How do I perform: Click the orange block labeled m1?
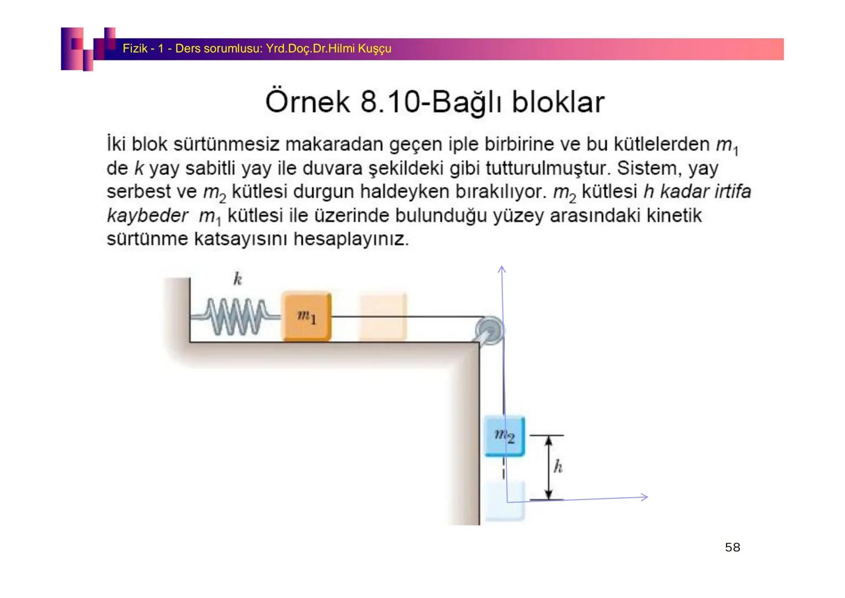[x=307, y=317]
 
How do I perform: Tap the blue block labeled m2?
[x=504, y=436]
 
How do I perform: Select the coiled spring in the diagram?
[x=235, y=317]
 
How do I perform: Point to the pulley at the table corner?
[x=490, y=331]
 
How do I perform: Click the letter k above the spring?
[x=237, y=279]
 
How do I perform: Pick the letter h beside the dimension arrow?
[x=558, y=467]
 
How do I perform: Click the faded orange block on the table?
[x=382, y=317]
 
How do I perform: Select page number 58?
[x=732, y=547]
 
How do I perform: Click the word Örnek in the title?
[x=308, y=102]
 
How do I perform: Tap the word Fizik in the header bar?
[x=134, y=49]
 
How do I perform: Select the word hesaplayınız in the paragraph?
[x=351, y=239]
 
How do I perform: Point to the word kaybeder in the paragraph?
[x=147, y=215]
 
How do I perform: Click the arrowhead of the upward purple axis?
[x=502, y=269]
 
